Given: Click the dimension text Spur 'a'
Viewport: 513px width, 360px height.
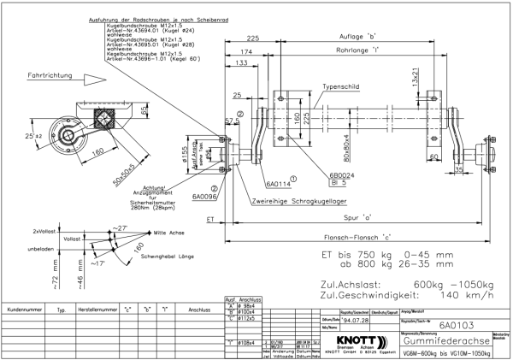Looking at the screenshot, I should (376, 217).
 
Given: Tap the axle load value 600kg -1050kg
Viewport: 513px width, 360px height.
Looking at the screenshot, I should (453, 284).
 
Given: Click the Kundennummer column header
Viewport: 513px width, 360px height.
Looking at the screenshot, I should (25, 309).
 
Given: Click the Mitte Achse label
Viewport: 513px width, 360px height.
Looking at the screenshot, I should (170, 232).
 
